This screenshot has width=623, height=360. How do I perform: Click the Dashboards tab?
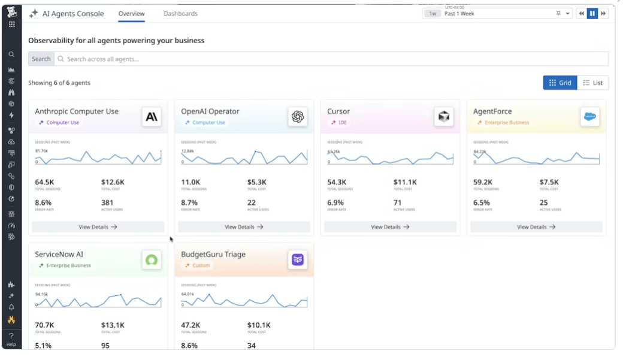click(x=180, y=14)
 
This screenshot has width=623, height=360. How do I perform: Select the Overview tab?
click(x=131, y=14)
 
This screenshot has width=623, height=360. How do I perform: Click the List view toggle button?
click(x=592, y=83)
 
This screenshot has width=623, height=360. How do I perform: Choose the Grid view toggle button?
click(x=560, y=83)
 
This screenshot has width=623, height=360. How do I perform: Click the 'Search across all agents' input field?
click(x=329, y=59)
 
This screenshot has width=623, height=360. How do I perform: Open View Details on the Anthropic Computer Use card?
click(x=98, y=227)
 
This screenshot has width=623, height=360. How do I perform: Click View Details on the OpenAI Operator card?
click(x=244, y=227)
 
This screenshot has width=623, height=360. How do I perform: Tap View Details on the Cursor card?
click(x=390, y=227)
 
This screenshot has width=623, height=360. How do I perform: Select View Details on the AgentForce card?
click(x=536, y=227)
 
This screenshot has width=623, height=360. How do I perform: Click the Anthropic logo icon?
click(x=152, y=117)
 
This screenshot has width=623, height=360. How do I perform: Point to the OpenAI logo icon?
click(x=298, y=117)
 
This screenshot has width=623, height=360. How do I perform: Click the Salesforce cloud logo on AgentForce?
click(x=590, y=117)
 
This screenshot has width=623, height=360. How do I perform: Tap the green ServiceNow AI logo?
click(x=152, y=260)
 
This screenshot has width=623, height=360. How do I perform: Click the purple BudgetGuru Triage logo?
click(x=298, y=260)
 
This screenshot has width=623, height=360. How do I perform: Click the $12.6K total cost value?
click(x=113, y=182)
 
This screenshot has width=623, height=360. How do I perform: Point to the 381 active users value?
click(x=107, y=202)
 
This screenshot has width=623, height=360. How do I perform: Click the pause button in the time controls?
click(x=592, y=14)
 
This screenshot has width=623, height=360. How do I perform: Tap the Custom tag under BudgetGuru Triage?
click(x=201, y=265)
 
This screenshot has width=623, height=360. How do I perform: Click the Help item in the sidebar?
click(x=11, y=340)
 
